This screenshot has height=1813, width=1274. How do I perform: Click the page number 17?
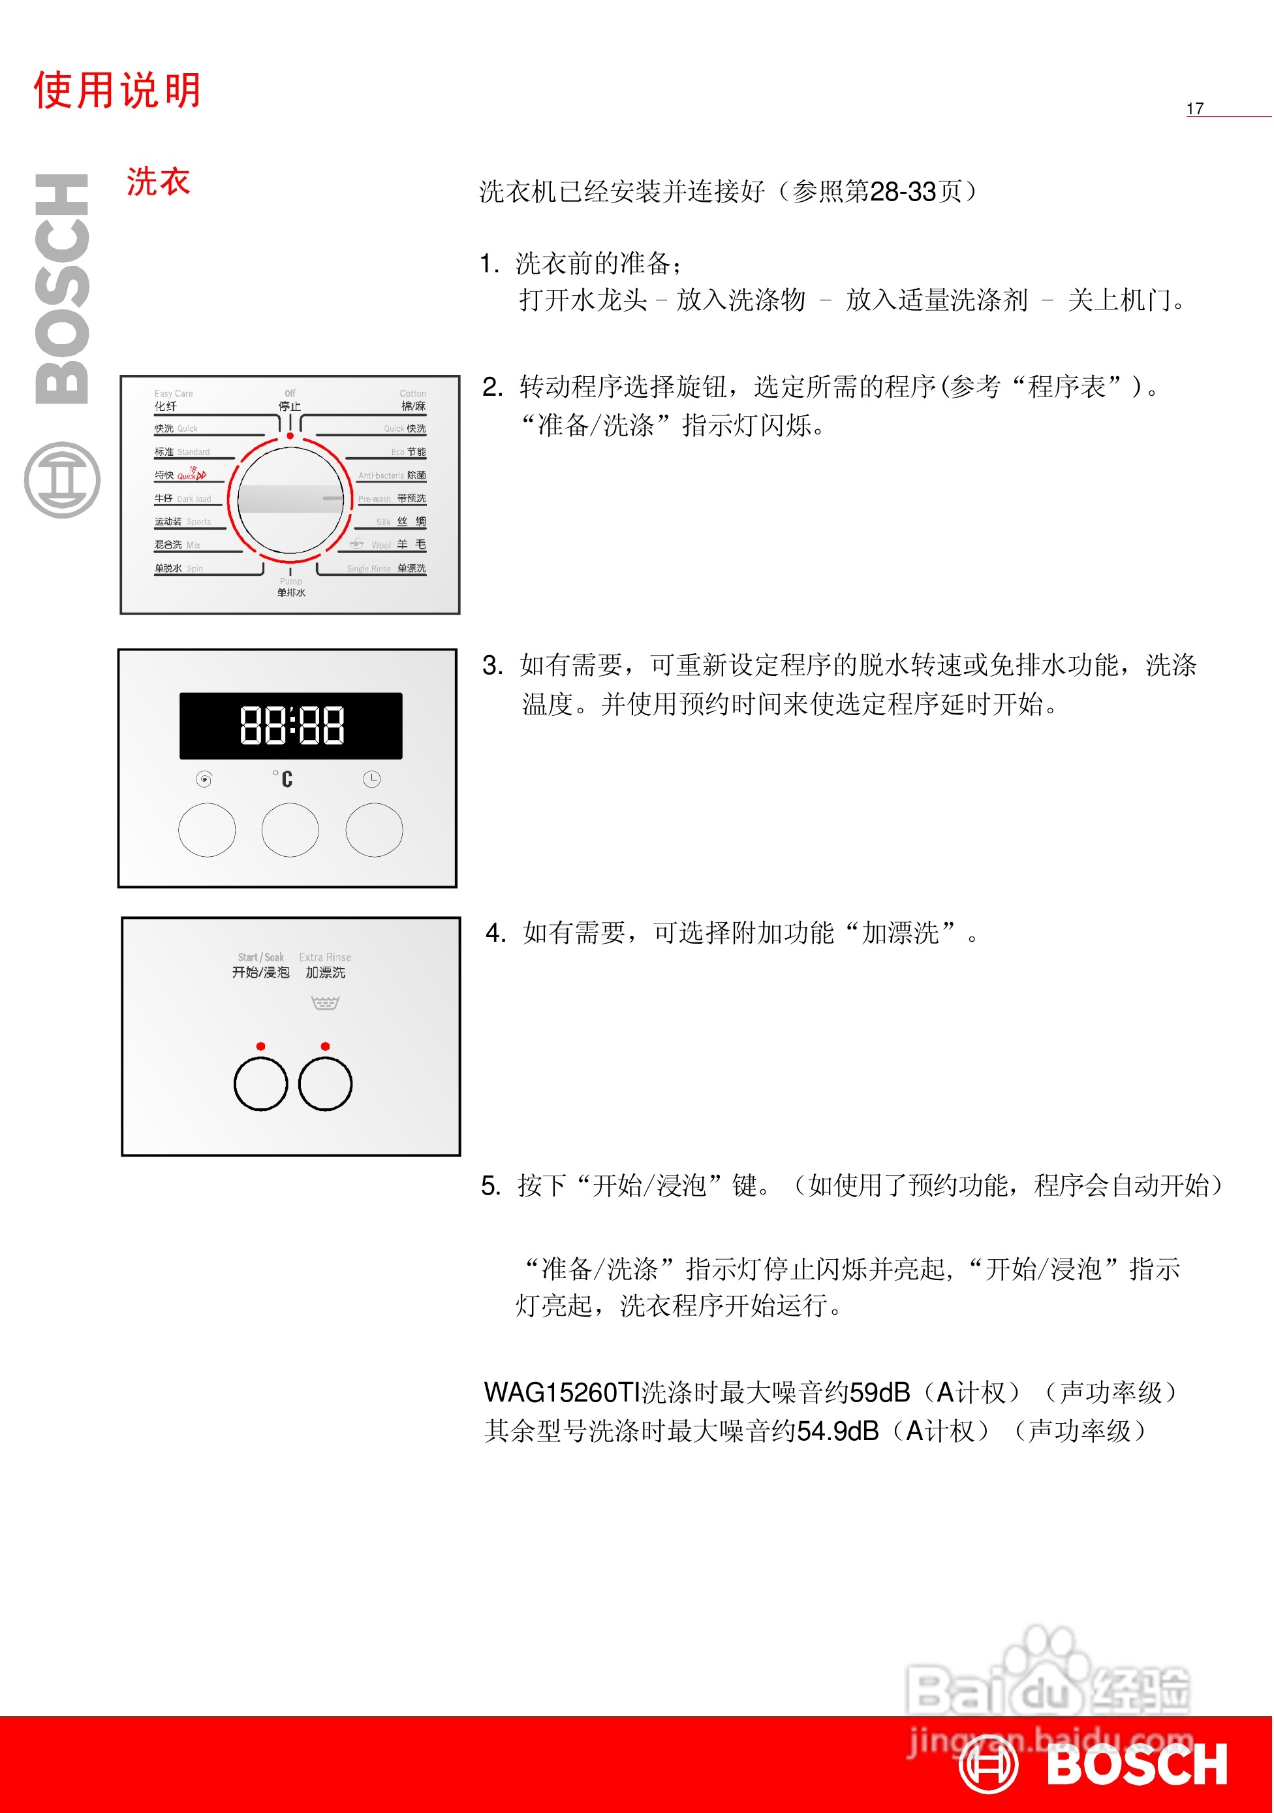pyautogui.click(x=1194, y=109)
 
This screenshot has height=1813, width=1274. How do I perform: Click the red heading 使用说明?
pyautogui.click(x=117, y=90)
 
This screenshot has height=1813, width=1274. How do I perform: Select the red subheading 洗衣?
pyautogui.click(x=158, y=182)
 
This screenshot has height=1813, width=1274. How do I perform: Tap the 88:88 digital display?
pyautogui.click(x=291, y=726)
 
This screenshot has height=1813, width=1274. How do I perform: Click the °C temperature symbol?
pyautogui.click(x=283, y=778)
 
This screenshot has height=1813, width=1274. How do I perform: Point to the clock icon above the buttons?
pyautogui.click(x=372, y=779)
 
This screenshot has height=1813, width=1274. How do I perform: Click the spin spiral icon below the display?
pyautogui.click(x=204, y=779)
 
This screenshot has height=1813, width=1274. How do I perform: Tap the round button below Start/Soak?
pyautogui.click(x=260, y=1083)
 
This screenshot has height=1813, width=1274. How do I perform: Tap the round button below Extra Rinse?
pyautogui.click(x=325, y=1083)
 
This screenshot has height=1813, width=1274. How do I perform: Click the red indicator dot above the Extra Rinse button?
pyautogui.click(x=325, y=1046)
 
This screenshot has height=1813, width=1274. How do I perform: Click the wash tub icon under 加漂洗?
pyautogui.click(x=325, y=1003)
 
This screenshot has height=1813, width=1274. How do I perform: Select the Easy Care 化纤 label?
pyautogui.click(x=173, y=400)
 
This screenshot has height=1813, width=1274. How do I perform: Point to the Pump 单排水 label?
pyautogui.click(x=290, y=586)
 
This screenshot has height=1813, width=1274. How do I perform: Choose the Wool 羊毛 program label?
pyautogui.click(x=399, y=545)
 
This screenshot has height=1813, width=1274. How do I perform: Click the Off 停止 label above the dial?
pyautogui.click(x=290, y=400)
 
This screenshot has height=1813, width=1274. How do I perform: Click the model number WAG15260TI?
pyautogui.click(x=561, y=1392)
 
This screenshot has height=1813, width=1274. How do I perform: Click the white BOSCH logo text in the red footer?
pyautogui.click(x=1137, y=1765)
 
